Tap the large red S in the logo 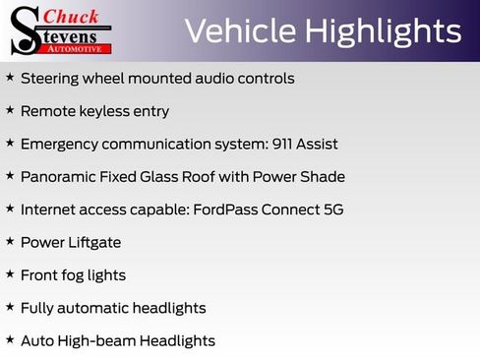tap(25, 30)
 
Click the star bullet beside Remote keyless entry tap(10, 110)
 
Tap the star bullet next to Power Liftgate tap(10, 241)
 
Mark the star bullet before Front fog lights tap(10, 274)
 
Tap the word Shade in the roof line tap(324, 177)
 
